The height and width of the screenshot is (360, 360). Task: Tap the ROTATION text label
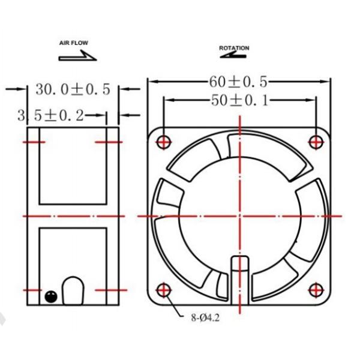click(234, 47)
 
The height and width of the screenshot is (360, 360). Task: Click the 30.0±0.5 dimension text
click(73, 89)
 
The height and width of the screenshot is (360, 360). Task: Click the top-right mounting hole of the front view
click(316, 142)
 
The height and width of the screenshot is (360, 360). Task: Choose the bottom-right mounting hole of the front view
click(316, 291)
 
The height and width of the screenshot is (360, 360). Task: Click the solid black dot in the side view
click(50, 295)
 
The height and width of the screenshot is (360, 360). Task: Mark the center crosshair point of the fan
click(239, 215)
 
